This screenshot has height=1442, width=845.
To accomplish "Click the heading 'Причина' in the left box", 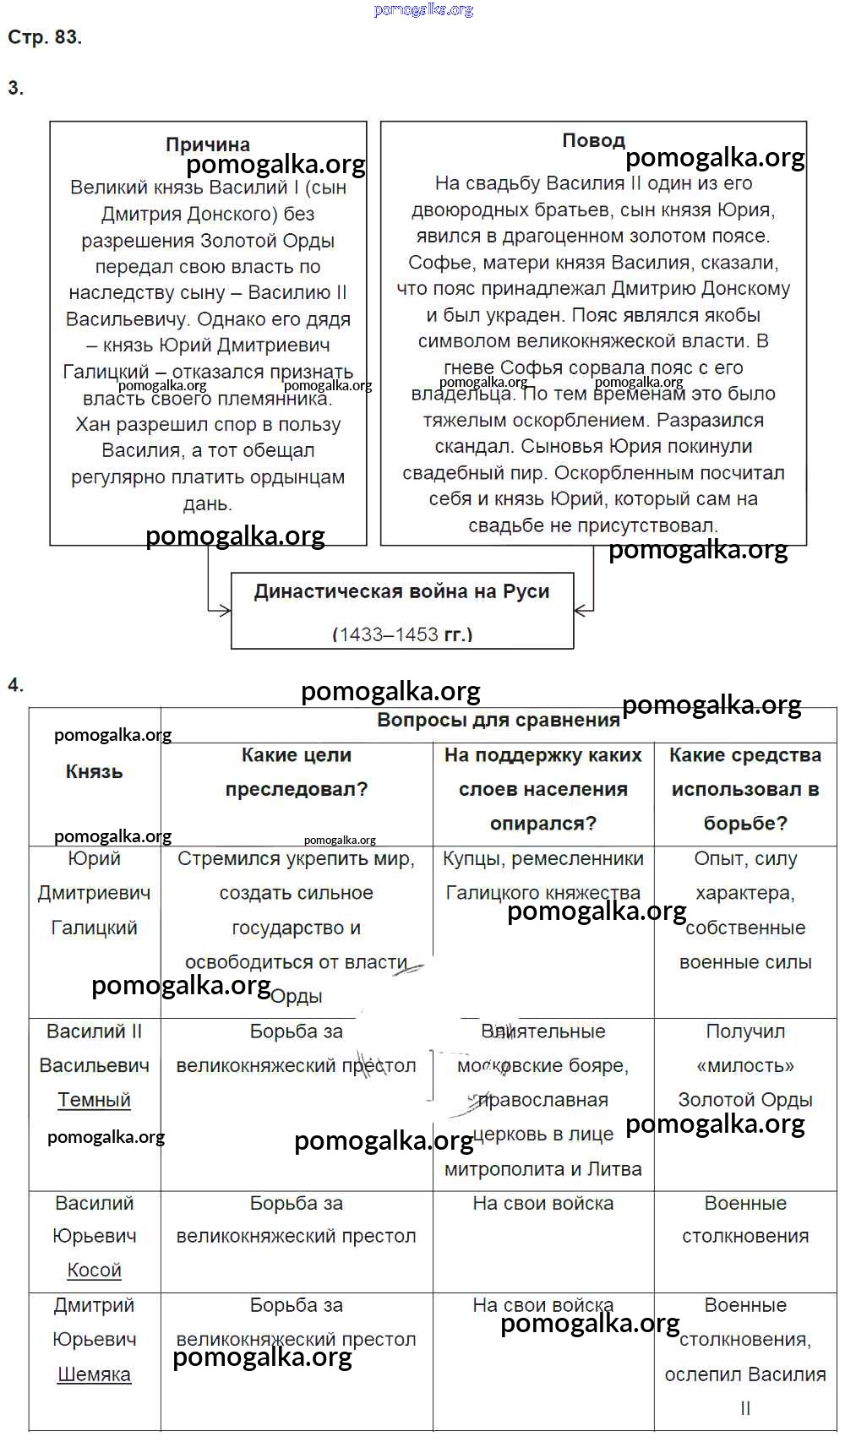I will click(208, 144).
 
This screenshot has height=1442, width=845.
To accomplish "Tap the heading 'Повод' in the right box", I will click(593, 140).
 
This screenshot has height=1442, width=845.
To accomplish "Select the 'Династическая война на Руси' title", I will click(401, 591).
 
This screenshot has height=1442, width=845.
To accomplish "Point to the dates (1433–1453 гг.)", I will click(402, 634).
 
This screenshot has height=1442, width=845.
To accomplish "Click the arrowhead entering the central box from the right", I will click(581, 610).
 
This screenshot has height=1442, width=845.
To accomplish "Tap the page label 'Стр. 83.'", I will click(45, 37).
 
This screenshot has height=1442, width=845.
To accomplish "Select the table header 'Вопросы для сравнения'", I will click(499, 721).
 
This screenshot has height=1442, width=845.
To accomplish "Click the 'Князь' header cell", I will click(94, 771).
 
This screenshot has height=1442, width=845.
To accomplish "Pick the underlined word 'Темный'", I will click(94, 1100).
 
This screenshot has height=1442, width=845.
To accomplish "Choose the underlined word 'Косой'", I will click(94, 1270).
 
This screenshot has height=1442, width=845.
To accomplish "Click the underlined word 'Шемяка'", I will click(94, 1374).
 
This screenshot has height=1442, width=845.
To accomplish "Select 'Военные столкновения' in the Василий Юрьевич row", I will click(745, 1219).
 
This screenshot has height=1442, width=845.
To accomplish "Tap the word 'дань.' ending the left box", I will click(208, 504).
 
